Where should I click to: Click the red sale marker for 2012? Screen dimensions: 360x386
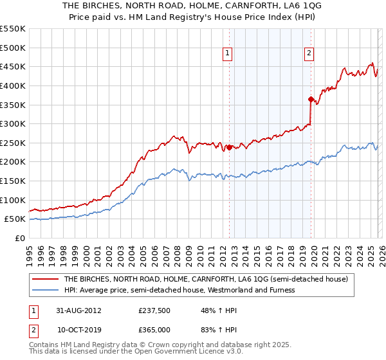(229, 147)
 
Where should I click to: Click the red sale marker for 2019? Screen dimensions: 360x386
(311, 99)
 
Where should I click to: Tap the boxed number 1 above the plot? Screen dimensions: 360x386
(228, 53)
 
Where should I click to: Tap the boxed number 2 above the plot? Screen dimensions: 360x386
(309, 53)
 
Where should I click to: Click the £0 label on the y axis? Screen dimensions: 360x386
(19, 238)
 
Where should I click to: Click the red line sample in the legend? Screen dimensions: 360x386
(46, 280)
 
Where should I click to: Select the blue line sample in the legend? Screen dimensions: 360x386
(46, 290)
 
